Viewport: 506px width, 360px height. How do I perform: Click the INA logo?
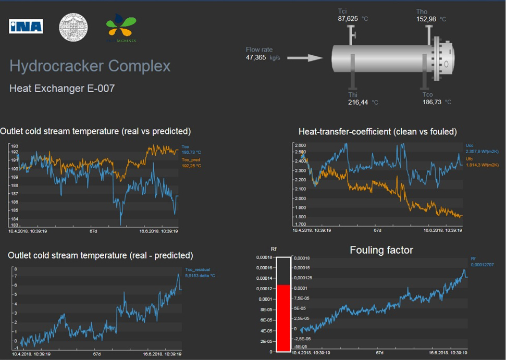tap(26, 27)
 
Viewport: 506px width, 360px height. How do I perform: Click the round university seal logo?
tap(73, 27)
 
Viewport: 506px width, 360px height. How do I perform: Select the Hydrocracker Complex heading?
tap(90, 66)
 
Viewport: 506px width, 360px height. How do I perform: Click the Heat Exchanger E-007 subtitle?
tap(61, 89)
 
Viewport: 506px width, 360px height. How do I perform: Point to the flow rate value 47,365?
tap(256, 57)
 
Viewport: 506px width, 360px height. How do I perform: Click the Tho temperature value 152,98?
tap(426, 19)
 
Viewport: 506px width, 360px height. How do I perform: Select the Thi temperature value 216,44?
tap(358, 103)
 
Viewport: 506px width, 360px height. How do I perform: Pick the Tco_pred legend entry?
tap(191, 163)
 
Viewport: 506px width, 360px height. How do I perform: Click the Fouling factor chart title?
tap(381, 251)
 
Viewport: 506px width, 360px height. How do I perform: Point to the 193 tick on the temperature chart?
tap(15, 146)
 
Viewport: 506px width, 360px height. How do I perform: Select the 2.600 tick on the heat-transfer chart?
tap(300, 145)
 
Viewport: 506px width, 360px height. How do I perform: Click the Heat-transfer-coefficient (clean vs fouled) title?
tap(377, 132)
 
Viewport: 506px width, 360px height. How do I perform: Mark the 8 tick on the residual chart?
tap(16, 269)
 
